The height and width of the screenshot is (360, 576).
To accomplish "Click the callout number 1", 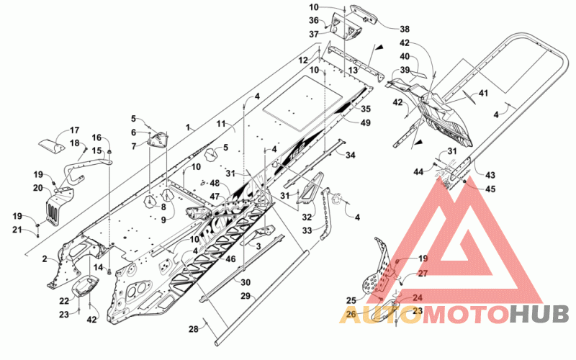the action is pyautogui.click(x=188, y=128).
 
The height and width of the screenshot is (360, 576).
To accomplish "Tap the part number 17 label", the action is pyautogui.click(x=74, y=130).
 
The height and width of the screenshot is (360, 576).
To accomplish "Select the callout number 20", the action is pyautogui.click(x=38, y=188).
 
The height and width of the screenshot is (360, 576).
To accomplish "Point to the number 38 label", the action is pyautogui.click(x=405, y=29).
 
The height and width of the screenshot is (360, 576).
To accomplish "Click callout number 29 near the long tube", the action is pyautogui.click(x=246, y=295).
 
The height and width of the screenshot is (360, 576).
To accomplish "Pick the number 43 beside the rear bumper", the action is pyautogui.click(x=490, y=175).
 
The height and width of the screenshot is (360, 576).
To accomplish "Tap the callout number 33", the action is pyautogui.click(x=307, y=230).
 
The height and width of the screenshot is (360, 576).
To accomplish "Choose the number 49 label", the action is pyautogui.click(x=366, y=122).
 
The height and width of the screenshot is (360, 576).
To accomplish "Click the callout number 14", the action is pyautogui.click(x=98, y=267).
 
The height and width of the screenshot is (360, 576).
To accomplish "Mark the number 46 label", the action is pyautogui.click(x=230, y=259).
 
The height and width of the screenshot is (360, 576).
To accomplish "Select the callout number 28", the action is pyautogui.click(x=194, y=329).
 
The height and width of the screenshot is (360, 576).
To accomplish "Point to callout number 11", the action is pyautogui.click(x=221, y=124).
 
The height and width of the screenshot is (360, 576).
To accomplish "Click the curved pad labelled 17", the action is pyautogui.click(x=52, y=146).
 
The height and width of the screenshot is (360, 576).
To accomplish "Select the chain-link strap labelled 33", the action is pyautogui.click(x=327, y=213).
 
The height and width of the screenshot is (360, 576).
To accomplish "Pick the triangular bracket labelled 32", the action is pyautogui.click(x=310, y=188).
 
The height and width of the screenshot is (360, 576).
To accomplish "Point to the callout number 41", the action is pyautogui.click(x=483, y=93).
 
